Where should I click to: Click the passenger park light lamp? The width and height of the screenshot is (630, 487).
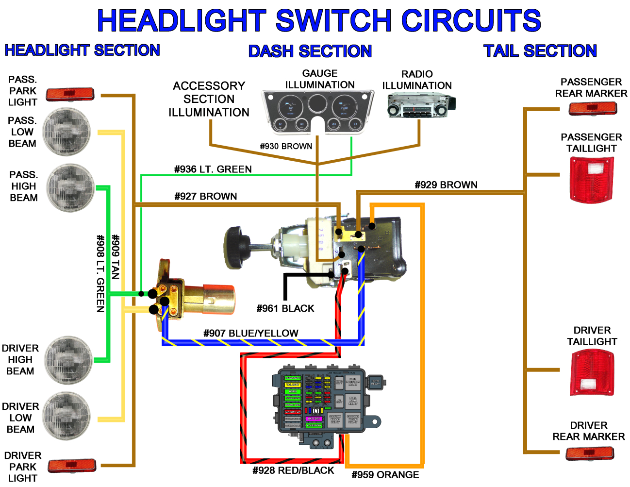(x=70, y=94)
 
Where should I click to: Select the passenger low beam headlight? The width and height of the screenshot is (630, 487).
(x=67, y=132)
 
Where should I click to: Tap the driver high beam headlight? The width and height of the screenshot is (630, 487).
(x=68, y=360)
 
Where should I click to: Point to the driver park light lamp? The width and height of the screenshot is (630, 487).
(x=72, y=466)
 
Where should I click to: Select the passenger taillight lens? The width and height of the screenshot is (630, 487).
(x=592, y=179)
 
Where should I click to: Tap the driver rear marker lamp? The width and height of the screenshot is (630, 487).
(x=590, y=453)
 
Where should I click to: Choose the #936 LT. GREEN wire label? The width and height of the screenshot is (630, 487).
(x=213, y=169)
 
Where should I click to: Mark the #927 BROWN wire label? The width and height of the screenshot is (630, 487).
(x=206, y=196)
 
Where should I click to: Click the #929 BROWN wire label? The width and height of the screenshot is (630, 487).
(x=446, y=185)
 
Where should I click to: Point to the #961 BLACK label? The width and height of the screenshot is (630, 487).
(x=285, y=308)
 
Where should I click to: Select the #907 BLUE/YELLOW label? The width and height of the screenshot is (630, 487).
(x=251, y=333)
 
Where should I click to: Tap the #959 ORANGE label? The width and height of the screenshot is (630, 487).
(x=385, y=475)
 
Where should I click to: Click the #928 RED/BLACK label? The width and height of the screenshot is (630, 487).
(x=293, y=470)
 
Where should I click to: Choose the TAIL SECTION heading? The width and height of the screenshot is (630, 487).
(x=540, y=50)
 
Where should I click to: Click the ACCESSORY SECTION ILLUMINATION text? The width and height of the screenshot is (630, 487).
(x=209, y=99)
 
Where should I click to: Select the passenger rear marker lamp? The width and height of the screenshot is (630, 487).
(x=593, y=108)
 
